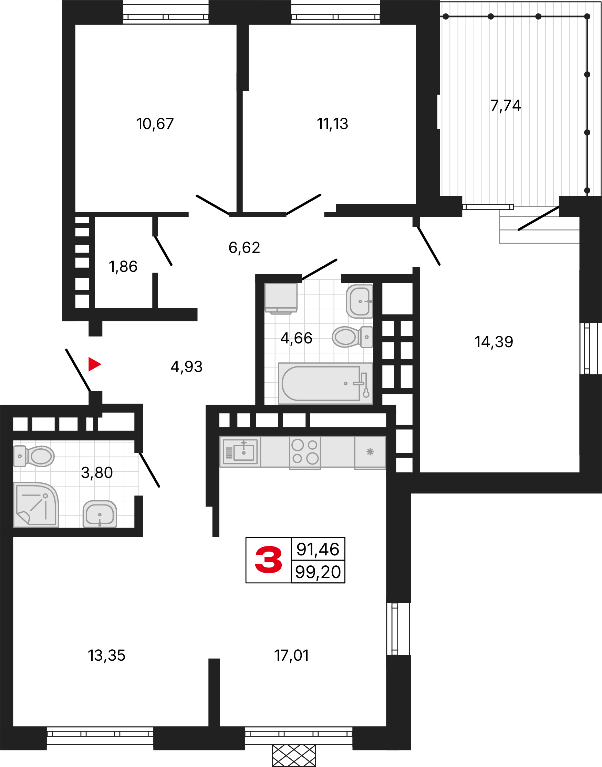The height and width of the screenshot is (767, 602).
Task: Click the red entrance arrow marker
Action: (x=94, y=364)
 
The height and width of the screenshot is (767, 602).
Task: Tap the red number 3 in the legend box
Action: (x=269, y=560)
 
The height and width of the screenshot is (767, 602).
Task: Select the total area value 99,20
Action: (x=318, y=572)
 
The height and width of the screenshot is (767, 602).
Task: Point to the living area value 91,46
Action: (x=318, y=549)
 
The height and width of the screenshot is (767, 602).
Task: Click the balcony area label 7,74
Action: (x=506, y=106)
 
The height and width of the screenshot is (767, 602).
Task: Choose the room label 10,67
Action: (x=155, y=124)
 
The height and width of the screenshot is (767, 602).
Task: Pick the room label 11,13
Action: (x=332, y=124)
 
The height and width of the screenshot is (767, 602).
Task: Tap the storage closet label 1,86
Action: (x=123, y=267)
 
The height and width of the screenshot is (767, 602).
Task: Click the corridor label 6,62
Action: (x=244, y=247)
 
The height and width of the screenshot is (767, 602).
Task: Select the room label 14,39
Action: (x=494, y=342)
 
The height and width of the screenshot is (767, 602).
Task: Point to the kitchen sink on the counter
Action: (x=240, y=452)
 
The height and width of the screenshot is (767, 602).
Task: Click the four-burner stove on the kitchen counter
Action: (x=305, y=452)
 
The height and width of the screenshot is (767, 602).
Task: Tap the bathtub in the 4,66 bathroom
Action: (x=325, y=383)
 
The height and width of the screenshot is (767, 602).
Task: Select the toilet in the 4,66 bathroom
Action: (x=352, y=337)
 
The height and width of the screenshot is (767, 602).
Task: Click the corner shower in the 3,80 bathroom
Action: (x=36, y=505)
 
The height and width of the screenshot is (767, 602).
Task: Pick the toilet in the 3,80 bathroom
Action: (x=34, y=456)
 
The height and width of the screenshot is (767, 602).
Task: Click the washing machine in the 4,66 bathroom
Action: (x=281, y=298)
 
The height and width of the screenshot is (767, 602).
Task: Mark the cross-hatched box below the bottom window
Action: (x=294, y=756)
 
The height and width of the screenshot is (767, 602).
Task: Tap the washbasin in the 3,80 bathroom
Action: (x=100, y=514)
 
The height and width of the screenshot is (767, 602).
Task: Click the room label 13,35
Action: (x=106, y=656)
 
